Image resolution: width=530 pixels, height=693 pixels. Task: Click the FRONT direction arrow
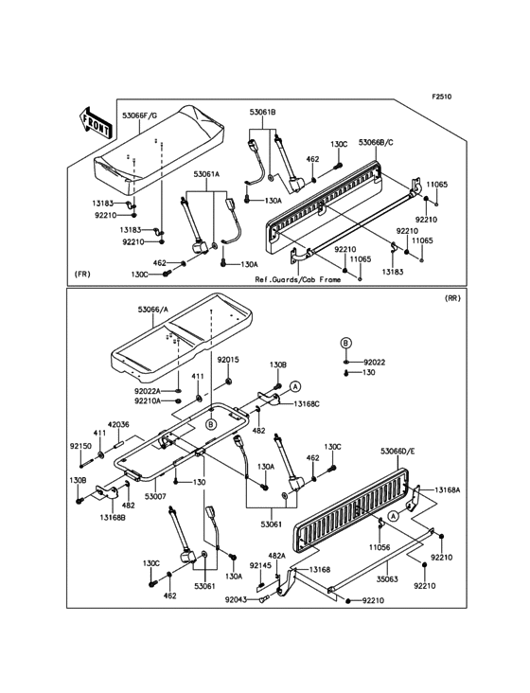(x=96, y=123)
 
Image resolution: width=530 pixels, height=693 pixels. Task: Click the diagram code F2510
(x=442, y=97)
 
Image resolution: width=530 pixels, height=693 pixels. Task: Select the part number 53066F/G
(x=139, y=115)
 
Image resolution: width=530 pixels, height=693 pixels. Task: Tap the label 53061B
(x=262, y=113)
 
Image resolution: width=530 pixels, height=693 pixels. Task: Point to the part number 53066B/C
(x=376, y=142)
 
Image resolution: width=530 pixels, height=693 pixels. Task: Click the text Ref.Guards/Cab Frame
(x=298, y=279)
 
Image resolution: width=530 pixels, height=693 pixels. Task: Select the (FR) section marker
(x=82, y=274)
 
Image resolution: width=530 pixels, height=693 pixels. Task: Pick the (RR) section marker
(x=452, y=298)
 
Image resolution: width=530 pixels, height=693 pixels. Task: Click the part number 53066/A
(x=153, y=310)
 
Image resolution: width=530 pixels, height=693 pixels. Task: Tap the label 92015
(x=228, y=360)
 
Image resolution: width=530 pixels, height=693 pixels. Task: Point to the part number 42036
(x=118, y=424)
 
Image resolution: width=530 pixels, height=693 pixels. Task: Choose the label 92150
(x=80, y=446)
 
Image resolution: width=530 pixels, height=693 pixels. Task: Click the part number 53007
(x=155, y=497)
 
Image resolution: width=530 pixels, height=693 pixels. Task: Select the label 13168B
(x=113, y=517)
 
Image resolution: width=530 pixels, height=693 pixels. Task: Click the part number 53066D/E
(x=397, y=452)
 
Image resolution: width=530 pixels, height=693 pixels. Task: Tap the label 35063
(x=388, y=579)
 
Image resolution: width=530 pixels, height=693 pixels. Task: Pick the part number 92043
(x=236, y=599)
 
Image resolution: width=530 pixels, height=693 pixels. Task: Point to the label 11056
(x=380, y=547)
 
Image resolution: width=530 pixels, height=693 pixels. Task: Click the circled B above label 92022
(x=345, y=343)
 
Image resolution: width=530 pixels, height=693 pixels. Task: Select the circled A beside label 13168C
(x=295, y=386)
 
